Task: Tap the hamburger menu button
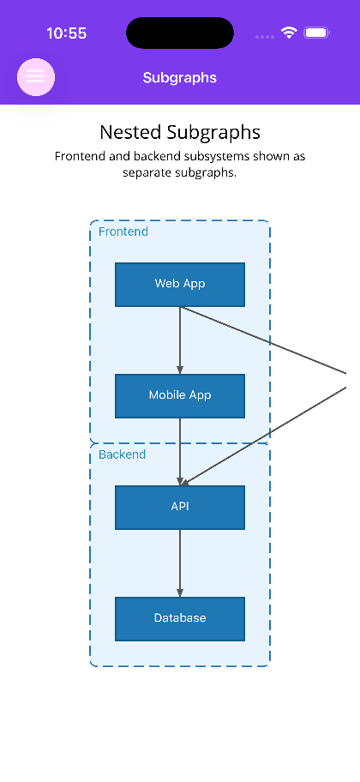36,77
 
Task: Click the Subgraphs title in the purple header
179,78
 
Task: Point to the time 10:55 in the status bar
66,33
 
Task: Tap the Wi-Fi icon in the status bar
289,33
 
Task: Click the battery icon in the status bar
316,33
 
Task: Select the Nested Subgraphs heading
180,133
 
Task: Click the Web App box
180,285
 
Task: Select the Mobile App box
180,396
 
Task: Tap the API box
180,508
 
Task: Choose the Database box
180,619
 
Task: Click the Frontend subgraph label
123,232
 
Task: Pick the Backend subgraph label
123,454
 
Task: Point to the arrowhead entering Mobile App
180,370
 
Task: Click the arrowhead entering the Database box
180,593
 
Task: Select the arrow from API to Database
180,563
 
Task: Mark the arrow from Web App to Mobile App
180,340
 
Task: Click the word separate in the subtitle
142,173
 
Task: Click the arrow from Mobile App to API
180,452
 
